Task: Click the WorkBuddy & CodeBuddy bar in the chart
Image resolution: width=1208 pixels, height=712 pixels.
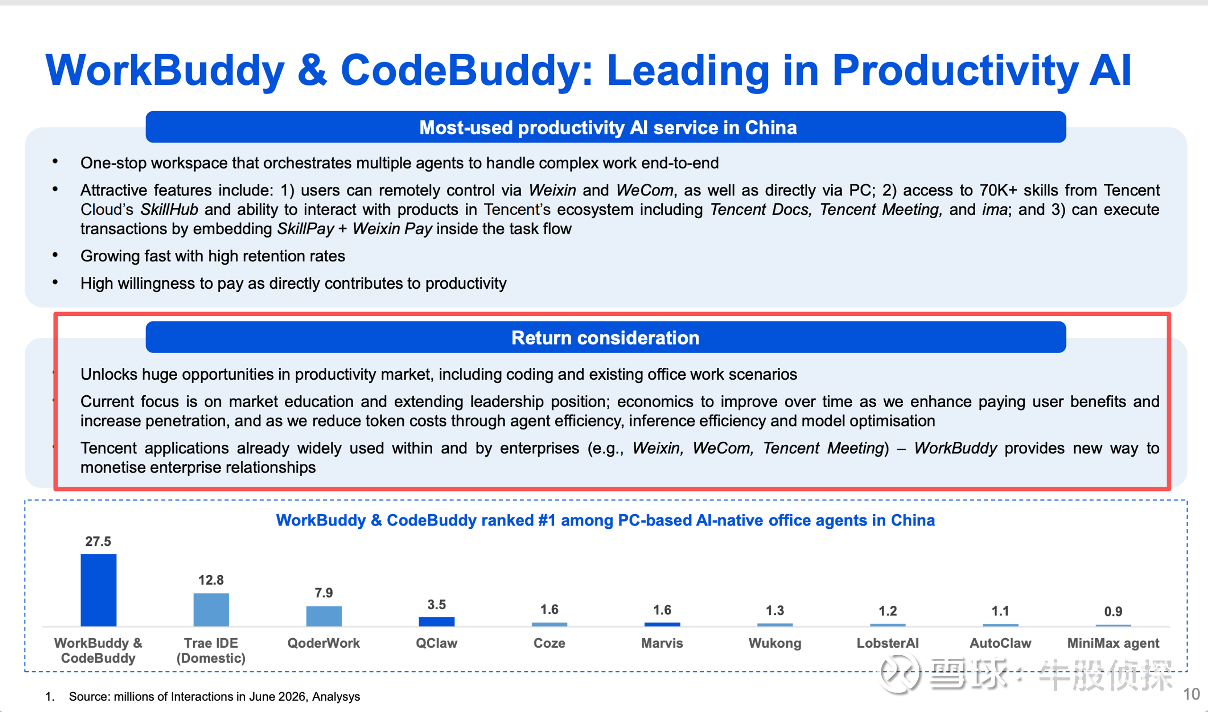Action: pos(98,590)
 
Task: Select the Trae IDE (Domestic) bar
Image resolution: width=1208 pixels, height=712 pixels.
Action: pos(211,609)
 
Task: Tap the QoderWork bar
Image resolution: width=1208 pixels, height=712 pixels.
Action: pos(324,616)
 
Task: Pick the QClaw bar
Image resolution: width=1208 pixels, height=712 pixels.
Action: pos(436,622)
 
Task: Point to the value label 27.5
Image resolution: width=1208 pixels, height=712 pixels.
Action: pos(98,541)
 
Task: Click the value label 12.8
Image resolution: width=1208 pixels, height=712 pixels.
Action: pos(211,580)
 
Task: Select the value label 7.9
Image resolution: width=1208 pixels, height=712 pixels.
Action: pos(324,593)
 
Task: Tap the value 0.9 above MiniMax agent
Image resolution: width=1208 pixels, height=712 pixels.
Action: pos(1113,611)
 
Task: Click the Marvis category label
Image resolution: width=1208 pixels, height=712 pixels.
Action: pos(662,643)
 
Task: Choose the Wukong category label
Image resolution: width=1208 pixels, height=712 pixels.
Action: pos(775,643)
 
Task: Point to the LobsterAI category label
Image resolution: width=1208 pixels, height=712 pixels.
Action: pos(888,643)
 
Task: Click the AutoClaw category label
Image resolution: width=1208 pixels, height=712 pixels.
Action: pos(1000,643)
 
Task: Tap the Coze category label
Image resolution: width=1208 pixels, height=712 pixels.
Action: pos(549,643)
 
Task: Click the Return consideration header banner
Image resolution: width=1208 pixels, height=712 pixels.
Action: pos(605,337)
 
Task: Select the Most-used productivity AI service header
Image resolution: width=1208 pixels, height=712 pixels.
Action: pos(605,127)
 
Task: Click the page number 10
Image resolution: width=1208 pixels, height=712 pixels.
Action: pos(1192,694)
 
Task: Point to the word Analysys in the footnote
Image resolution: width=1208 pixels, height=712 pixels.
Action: pos(336,697)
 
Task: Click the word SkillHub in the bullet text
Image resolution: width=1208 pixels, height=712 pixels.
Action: pos(169,210)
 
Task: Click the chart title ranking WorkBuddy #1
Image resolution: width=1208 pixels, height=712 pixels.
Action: pos(605,520)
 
